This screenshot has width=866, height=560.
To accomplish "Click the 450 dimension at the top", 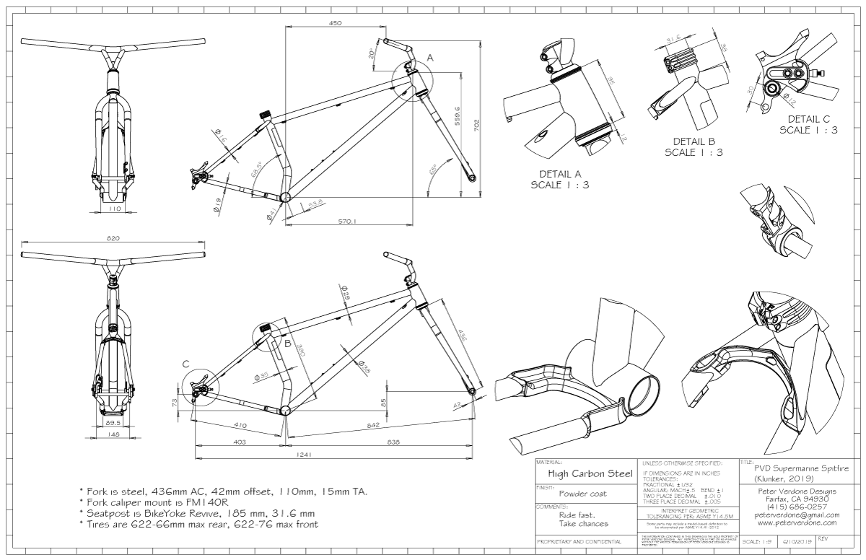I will (335, 23).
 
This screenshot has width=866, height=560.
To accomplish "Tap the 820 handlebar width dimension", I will (113, 238).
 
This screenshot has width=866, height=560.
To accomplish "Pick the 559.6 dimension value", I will (457, 120).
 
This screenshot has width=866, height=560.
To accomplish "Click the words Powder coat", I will (582, 494).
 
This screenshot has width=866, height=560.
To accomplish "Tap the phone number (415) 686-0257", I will (792, 507).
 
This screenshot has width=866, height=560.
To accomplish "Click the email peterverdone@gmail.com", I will (792, 515).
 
